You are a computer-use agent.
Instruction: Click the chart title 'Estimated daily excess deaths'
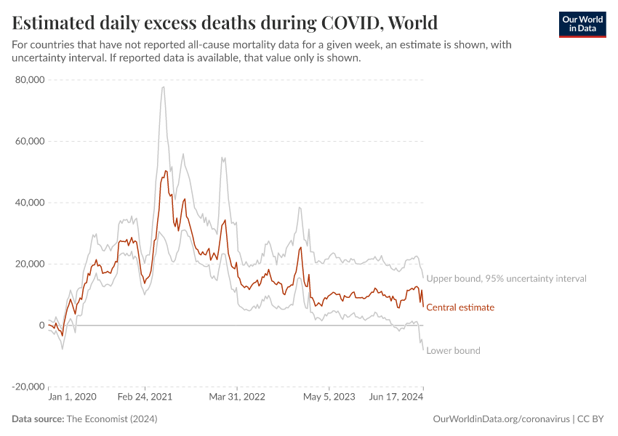[225, 22]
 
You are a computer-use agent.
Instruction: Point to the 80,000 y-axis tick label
[30, 80]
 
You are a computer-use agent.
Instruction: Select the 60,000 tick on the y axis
[30, 141]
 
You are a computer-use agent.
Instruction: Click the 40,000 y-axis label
[30, 203]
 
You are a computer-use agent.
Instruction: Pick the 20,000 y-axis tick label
[30, 264]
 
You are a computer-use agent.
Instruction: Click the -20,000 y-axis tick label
[28, 387]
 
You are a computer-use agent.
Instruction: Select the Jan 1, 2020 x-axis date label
[72, 397]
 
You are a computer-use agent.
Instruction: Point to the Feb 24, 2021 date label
[145, 397]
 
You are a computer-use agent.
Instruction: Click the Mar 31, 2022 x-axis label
[237, 397]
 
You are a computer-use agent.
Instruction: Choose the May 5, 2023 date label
[329, 397]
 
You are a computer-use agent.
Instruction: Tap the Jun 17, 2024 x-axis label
[396, 397]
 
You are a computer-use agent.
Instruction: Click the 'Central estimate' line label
[460, 307]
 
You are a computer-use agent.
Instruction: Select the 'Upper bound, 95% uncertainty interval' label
[506, 278]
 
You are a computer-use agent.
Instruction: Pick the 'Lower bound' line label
[453, 350]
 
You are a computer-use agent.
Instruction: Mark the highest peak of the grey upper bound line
[164, 87]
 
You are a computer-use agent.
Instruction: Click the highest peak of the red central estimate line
[165, 171]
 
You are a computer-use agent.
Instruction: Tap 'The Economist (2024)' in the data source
[111, 419]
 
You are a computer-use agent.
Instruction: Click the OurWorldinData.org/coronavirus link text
[501, 419]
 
